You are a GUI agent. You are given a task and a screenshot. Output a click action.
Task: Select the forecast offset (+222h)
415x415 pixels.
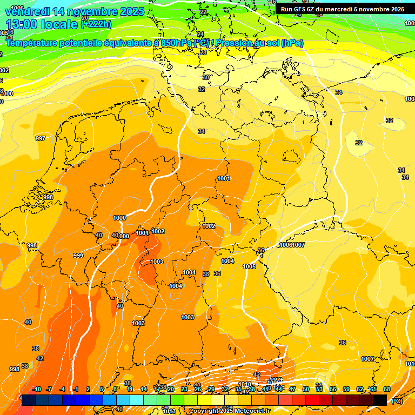point(96,24)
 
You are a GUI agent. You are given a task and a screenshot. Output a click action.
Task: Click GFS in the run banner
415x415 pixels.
point(301,9)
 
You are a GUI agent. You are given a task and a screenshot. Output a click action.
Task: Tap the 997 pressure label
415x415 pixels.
point(41,139)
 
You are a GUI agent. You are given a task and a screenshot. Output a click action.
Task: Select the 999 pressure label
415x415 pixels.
point(78,256)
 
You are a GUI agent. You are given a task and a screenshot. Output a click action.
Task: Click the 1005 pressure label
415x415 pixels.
point(249,266)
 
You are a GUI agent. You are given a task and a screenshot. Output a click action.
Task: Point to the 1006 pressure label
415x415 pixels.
point(285,245)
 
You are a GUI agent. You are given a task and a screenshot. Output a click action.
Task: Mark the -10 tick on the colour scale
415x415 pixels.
point(37,389)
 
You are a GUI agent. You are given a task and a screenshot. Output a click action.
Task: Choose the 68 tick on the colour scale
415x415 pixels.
point(386,389)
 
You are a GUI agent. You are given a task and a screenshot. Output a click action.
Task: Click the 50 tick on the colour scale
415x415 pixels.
point(306,389)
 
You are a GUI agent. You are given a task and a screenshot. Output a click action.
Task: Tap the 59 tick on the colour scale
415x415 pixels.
point(346,389)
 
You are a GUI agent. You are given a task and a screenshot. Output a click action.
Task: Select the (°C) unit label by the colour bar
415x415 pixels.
point(397,400)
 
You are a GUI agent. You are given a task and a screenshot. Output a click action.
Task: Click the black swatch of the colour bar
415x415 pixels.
point(380,400)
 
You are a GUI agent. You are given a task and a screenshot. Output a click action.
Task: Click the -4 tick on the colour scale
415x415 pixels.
point(62,389)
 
